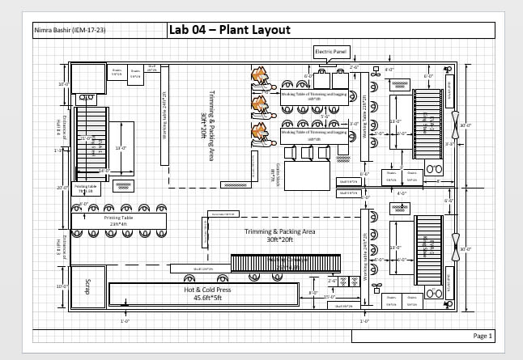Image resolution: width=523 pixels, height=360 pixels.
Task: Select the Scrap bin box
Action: [x=85, y=287]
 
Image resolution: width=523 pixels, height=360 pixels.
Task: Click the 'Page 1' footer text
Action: [x=483, y=335]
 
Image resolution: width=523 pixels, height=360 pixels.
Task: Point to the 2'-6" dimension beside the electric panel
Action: [x=354, y=68]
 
